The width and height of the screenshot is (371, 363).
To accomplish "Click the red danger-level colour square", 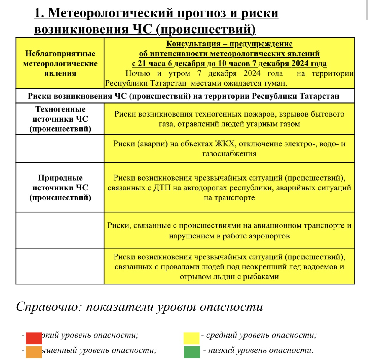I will pyautogui.click(x=34, y=338).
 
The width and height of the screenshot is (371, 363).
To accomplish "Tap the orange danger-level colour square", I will pyautogui.click(x=34, y=352).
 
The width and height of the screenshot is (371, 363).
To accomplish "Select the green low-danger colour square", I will pyautogui.click(x=192, y=352).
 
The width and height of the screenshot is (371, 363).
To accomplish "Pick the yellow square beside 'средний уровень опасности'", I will pyautogui.click(x=191, y=338).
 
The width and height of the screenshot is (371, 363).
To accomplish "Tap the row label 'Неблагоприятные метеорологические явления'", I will pyautogui.click(x=60, y=63).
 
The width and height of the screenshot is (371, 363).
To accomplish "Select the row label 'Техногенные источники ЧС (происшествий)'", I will pyautogui.click(x=60, y=119).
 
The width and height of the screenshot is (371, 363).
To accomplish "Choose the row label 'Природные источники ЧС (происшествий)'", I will pyautogui.click(x=60, y=188).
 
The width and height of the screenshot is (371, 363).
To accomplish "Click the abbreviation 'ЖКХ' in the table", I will pyautogui.click(x=225, y=144).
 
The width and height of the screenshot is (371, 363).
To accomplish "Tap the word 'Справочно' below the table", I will pyautogui.click(x=48, y=307).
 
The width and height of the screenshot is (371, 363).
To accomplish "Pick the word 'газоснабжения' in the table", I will pyautogui.click(x=229, y=154).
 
